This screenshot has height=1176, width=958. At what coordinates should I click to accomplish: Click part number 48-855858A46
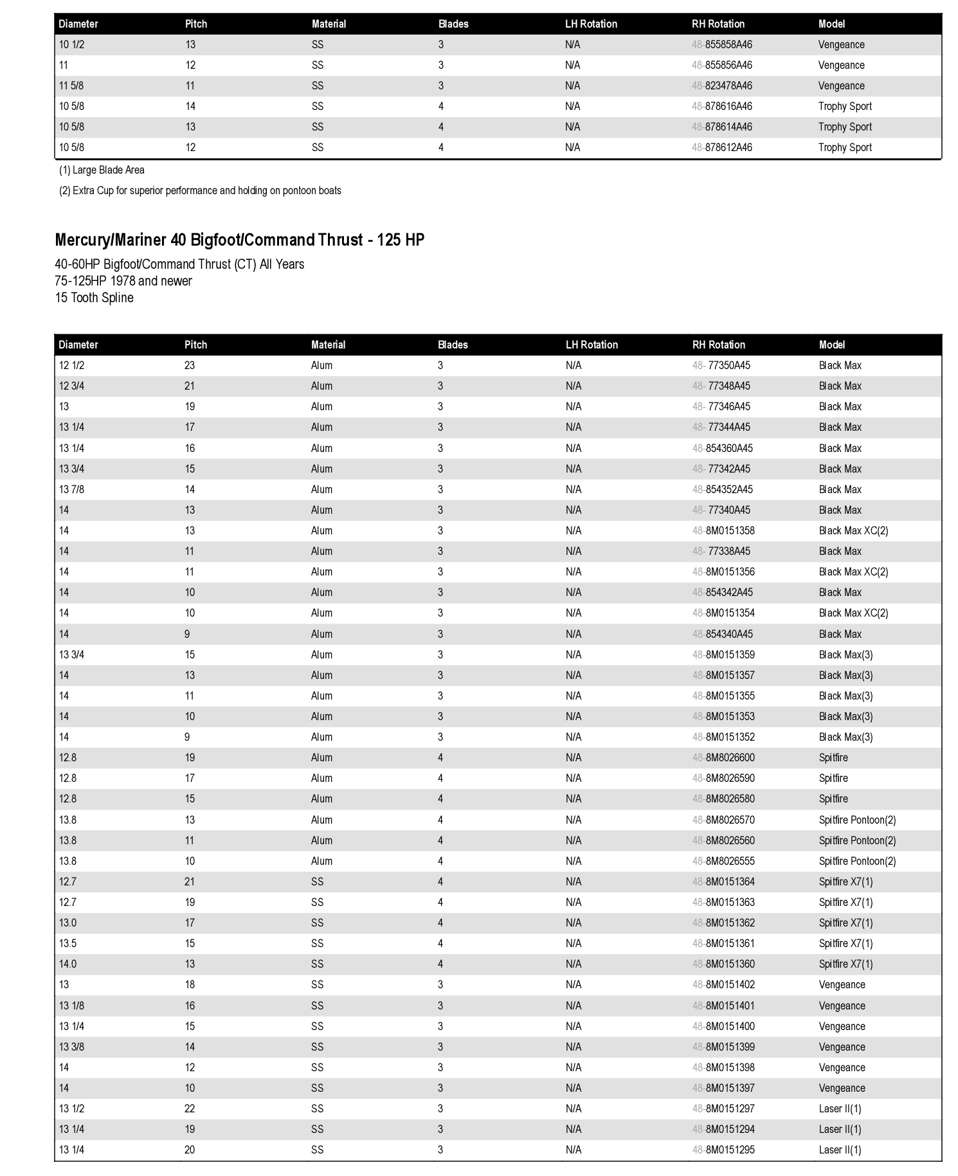(x=721, y=45)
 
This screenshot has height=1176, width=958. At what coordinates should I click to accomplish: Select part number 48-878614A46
(x=721, y=127)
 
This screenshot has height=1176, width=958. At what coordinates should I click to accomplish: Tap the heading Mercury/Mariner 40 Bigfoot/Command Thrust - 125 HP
(x=239, y=240)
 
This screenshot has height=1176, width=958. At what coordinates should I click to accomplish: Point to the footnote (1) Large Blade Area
(x=102, y=170)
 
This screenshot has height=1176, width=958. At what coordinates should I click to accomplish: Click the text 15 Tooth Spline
(x=94, y=298)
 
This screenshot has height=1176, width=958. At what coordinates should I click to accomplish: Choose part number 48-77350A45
(x=721, y=366)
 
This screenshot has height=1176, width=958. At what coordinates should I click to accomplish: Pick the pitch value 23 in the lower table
(x=190, y=366)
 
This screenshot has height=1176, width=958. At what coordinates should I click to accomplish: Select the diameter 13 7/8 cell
(x=71, y=490)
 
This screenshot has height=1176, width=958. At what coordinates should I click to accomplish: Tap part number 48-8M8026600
(x=723, y=758)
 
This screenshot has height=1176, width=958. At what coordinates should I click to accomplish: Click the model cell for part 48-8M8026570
(x=857, y=820)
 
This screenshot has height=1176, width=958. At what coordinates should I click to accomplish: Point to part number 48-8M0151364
(x=723, y=882)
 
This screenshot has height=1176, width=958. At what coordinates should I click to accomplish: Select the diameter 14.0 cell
(x=68, y=964)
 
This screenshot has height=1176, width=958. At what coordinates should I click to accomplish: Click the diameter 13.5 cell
(x=68, y=944)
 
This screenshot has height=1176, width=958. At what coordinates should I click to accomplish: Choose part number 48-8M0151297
(x=723, y=1109)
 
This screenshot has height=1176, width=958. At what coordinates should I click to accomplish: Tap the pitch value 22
(x=190, y=1109)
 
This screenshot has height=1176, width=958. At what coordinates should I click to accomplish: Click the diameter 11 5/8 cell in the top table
(x=71, y=86)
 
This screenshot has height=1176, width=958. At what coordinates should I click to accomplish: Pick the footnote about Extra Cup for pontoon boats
(x=200, y=191)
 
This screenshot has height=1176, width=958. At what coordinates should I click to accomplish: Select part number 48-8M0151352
(x=723, y=737)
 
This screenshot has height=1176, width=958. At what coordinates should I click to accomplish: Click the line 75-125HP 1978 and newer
(x=123, y=281)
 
